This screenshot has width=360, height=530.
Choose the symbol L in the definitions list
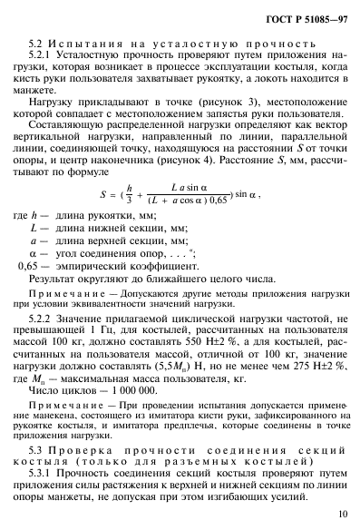pos(32,241)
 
